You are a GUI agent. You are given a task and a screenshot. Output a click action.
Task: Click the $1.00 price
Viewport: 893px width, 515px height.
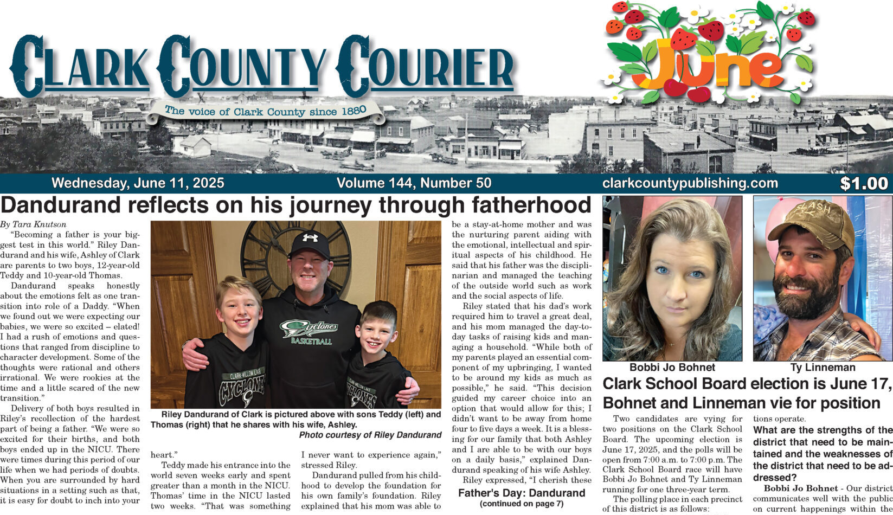pyautogui.click(x=864, y=184)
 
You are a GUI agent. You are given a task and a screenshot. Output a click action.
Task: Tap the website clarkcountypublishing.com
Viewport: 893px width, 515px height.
pyautogui.click(x=690, y=183)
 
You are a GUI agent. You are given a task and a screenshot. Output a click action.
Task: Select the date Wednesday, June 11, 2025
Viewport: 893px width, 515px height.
pyautogui.click(x=138, y=183)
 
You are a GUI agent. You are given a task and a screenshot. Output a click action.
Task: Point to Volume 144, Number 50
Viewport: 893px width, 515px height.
pyautogui.click(x=414, y=183)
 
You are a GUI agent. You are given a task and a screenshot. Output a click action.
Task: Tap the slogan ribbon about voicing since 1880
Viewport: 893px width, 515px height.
pyautogui.click(x=266, y=111)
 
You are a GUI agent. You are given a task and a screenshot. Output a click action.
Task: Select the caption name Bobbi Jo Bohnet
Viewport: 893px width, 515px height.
pyautogui.click(x=672, y=368)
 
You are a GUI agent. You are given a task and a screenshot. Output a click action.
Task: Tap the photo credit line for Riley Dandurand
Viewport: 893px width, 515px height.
pyautogui.click(x=370, y=435)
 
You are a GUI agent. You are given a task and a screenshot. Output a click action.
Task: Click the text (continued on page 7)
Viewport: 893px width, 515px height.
pyautogui.click(x=522, y=504)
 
